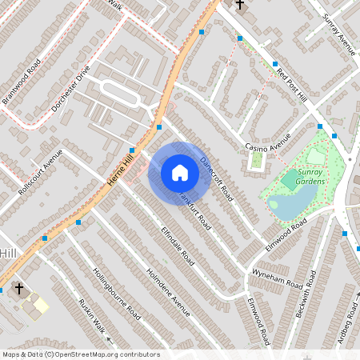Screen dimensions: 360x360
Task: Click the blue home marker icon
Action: (x=180, y=173)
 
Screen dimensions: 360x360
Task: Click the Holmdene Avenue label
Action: (x=169, y=291)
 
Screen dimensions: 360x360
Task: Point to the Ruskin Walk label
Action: (x=91, y=316)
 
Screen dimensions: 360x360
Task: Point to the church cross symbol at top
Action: (x=239, y=5)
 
